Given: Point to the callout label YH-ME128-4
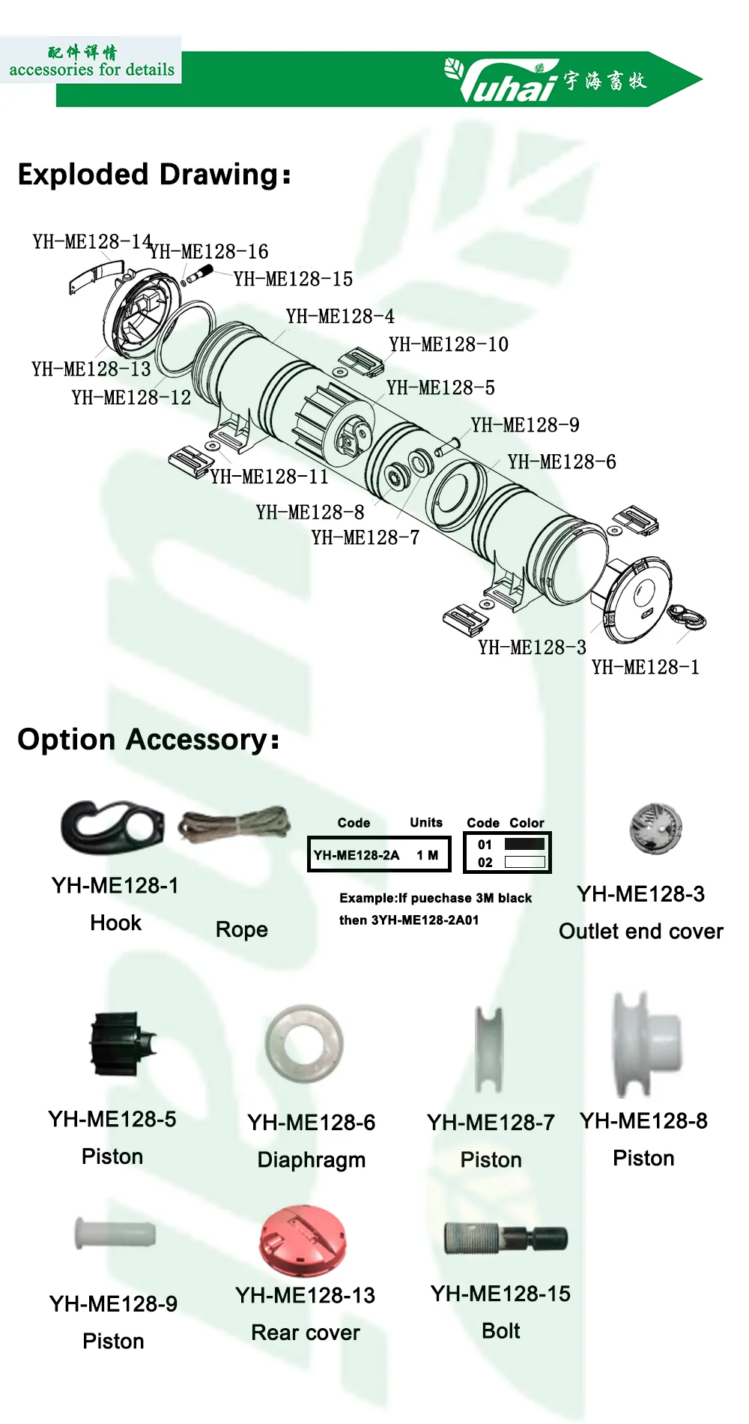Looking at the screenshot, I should (x=340, y=316).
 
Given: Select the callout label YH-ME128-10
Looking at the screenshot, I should (x=449, y=345).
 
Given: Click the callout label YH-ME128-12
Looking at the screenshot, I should (x=131, y=397).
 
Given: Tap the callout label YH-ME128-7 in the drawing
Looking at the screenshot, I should (x=366, y=537).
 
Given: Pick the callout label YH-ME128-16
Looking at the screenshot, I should (x=209, y=252).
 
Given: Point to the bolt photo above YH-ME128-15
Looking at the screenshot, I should (x=506, y=1237).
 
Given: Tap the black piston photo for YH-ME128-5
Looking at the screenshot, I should (x=121, y=1043).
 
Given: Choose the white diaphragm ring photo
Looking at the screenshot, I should (x=304, y=1043).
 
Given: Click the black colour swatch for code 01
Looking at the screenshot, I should (x=524, y=844).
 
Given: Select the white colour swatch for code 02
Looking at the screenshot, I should (x=524, y=862).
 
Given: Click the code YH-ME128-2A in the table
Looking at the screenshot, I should (x=357, y=855).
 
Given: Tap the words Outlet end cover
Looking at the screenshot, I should (x=641, y=932).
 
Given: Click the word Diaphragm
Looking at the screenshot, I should (x=312, y=1160).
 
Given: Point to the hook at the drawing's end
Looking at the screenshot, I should (x=687, y=618).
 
